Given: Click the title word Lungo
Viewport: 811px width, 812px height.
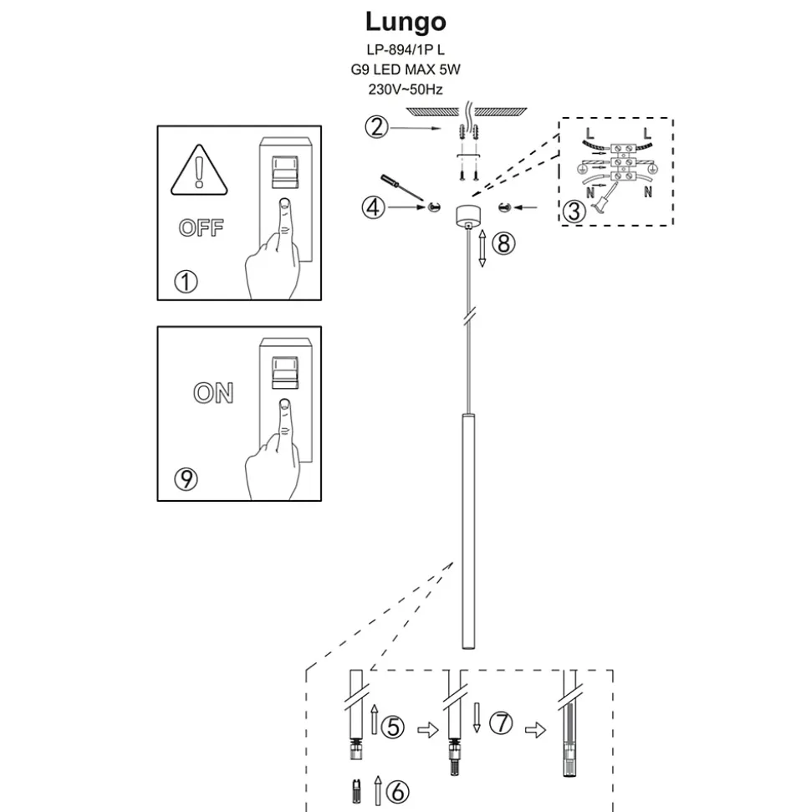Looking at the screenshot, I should pos(405,21).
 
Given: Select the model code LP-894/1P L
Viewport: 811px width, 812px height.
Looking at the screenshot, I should pos(405,50).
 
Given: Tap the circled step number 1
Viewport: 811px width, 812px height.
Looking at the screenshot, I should pos(186,281).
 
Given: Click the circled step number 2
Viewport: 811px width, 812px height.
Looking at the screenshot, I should pos(377,127).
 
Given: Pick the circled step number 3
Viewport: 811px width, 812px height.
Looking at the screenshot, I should pos(574,212).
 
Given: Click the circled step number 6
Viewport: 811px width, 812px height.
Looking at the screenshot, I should pos(398,789).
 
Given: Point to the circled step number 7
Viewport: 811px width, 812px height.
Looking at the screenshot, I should pos(500,724).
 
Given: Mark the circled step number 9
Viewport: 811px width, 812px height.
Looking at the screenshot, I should pos(186,478).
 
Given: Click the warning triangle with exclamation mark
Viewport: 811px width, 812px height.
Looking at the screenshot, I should pos(198,171).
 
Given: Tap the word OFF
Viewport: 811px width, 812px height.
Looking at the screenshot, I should pos(201,227).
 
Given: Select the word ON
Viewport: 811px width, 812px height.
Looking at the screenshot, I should pos(213,393).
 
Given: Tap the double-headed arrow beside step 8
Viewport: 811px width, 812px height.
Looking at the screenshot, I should pos(482,248).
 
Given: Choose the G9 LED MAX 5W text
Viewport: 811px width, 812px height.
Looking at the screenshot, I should pos(405,70).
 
